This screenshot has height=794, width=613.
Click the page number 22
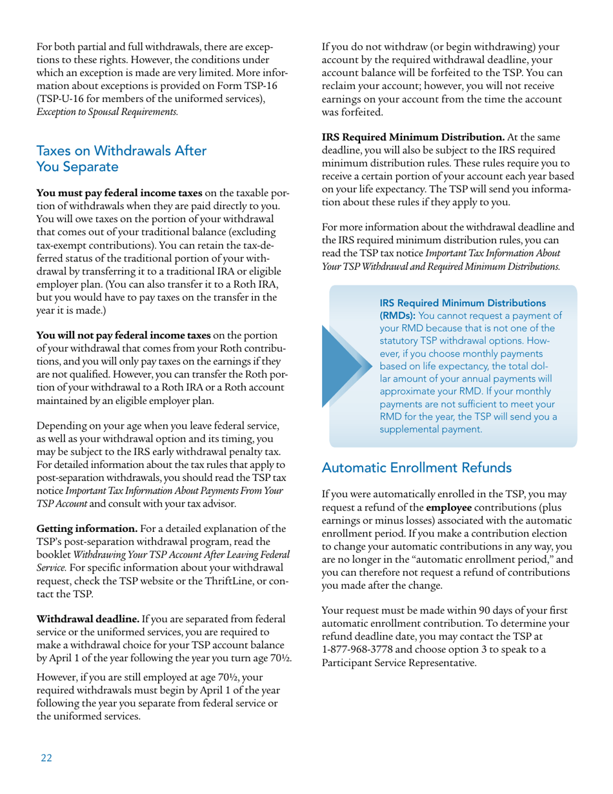coord(46,758)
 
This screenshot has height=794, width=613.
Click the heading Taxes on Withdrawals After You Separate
coord(121,159)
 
